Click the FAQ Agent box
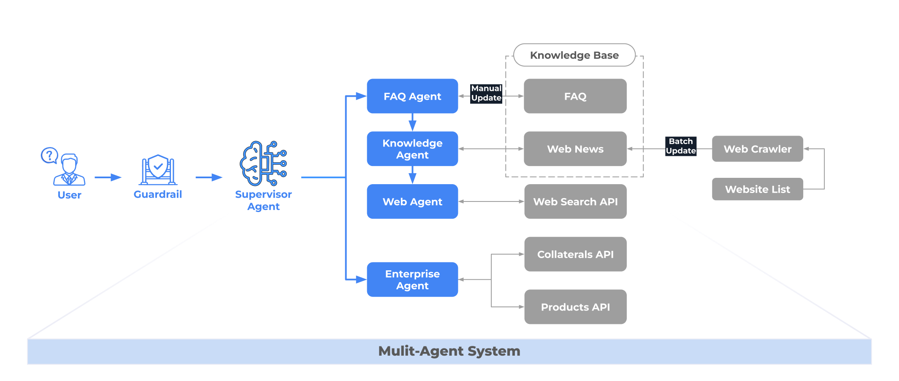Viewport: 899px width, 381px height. tap(412, 96)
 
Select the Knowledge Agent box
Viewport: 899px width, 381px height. tap(412, 149)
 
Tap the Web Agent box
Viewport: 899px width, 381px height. tap(412, 201)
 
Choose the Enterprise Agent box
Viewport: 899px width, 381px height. tap(412, 279)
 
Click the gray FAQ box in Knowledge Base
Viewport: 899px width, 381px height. tap(575, 96)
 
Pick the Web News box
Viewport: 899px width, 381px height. tap(575, 149)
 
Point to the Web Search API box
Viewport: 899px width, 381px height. tap(575, 201)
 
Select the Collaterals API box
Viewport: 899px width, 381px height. tap(575, 254)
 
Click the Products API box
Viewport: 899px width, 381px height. tap(575, 307)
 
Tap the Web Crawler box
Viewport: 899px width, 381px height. tap(757, 149)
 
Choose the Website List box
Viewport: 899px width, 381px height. tap(757, 189)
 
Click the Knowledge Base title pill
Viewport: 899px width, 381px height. tap(574, 55)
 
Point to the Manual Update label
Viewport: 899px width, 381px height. tap(486, 93)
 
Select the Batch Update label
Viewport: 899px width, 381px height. tap(680, 146)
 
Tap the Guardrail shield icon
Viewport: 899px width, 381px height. tap(158, 169)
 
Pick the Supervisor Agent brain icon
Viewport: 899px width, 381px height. tap(263, 164)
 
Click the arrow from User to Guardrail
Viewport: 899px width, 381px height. tap(108, 177)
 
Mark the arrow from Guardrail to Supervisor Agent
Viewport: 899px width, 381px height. tap(209, 177)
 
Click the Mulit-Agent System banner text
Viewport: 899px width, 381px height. tap(449, 351)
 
